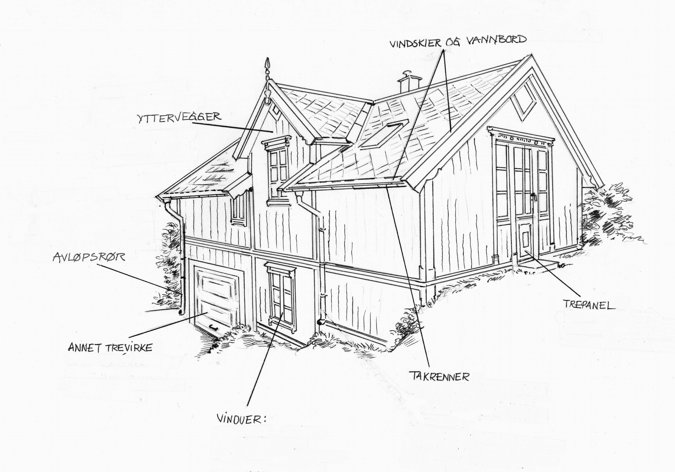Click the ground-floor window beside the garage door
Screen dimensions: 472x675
click(282, 295)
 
